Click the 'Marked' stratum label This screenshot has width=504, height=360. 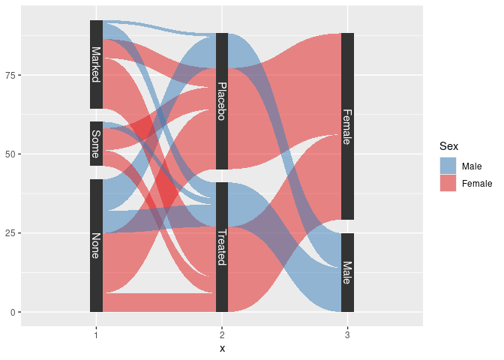(x=96, y=64)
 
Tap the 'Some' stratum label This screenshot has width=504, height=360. (x=96, y=143)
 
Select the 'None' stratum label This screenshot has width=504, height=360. (x=96, y=245)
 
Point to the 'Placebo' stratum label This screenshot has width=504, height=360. (x=222, y=101)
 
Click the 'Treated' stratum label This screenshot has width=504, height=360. (x=222, y=247)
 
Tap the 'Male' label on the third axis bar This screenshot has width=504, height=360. (x=347, y=272)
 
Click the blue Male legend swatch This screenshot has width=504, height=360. (x=447, y=166)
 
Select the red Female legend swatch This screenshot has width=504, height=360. (x=447, y=183)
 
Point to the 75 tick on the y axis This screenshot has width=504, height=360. (x=12, y=75)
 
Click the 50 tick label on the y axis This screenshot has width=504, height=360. (x=12, y=154)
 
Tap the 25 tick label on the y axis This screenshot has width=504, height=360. (x=12, y=233)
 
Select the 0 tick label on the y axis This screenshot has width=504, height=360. (x=14, y=312)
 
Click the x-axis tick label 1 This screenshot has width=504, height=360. (x=96, y=335)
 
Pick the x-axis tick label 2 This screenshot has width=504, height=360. (x=222, y=335)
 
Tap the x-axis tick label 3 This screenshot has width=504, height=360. (x=347, y=335)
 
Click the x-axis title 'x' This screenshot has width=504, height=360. (x=222, y=349)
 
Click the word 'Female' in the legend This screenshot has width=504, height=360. (x=477, y=183)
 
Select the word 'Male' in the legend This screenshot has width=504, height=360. (x=472, y=166)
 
